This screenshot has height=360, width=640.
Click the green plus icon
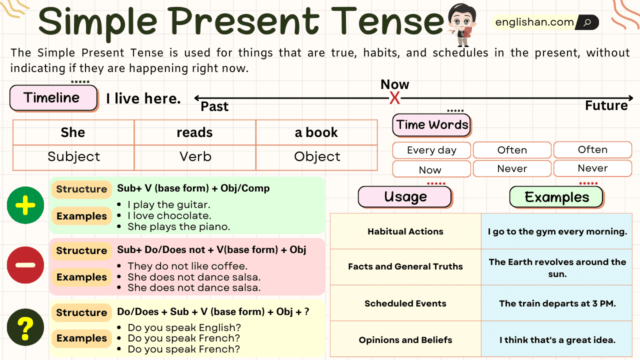point(25,205)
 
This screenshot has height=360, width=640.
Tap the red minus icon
point(25,265)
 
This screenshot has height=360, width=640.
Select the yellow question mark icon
point(25,328)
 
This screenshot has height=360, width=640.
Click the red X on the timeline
point(395,98)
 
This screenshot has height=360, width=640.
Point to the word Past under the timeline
point(214,106)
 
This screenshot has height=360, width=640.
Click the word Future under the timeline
point(606,105)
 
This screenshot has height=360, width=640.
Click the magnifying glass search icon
point(587,22)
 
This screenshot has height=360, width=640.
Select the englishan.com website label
point(534,22)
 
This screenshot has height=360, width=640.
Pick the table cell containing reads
point(195,132)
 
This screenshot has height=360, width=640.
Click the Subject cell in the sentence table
point(73,157)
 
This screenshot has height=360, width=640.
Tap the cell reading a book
point(316,132)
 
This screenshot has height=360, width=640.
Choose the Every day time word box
point(431,150)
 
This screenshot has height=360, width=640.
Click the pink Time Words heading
point(432,125)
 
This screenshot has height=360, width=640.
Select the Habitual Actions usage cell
point(405,231)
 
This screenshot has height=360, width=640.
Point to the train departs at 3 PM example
point(557,303)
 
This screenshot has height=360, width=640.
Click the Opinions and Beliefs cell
point(405,340)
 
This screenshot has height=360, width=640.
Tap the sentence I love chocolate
point(169,215)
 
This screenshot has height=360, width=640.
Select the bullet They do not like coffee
point(187,266)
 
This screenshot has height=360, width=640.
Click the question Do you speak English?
point(184,328)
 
